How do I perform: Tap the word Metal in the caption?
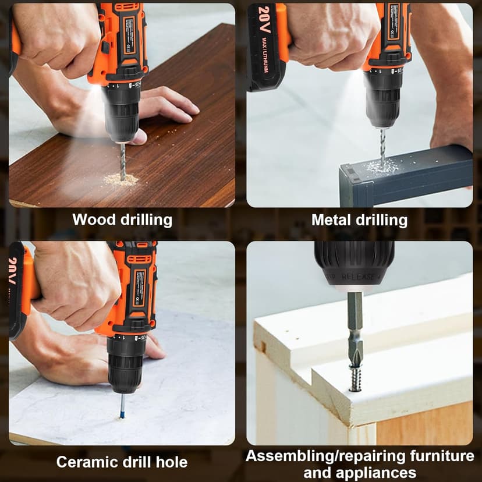tap(331, 220)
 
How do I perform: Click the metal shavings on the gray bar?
tap(381, 167)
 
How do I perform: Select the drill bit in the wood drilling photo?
tap(123, 160)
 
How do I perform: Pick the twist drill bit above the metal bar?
tap(382, 146)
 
